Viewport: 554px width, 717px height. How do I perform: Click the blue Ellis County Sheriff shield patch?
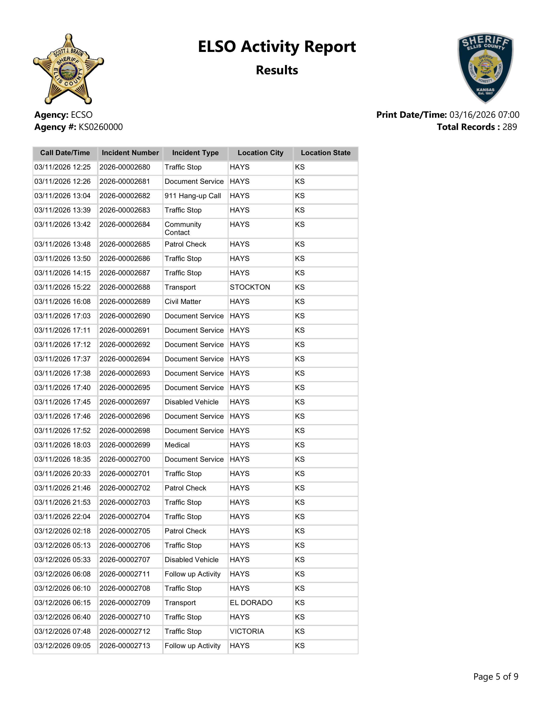tap(485, 68)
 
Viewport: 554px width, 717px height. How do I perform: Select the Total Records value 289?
tap(509, 127)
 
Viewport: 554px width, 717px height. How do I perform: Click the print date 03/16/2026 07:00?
tap(484, 115)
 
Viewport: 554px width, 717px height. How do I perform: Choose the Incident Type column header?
tap(195, 153)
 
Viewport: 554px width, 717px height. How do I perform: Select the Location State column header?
tap(326, 153)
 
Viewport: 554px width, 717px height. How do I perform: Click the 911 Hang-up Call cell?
tap(193, 196)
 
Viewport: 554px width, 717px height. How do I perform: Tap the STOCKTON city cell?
tap(250, 287)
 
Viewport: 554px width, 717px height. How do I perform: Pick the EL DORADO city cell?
tap(251, 603)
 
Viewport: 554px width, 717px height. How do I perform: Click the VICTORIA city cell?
tap(247, 631)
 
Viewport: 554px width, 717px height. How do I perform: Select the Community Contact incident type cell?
tap(183, 229)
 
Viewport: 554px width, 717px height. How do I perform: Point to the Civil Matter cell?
tap(183, 302)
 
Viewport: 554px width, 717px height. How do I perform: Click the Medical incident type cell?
tap(177, 445)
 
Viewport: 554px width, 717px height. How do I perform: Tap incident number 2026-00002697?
tap(125, 402)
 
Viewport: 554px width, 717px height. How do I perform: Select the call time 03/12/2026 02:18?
tap(62, 531)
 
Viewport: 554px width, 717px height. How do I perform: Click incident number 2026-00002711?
tap(125, 574)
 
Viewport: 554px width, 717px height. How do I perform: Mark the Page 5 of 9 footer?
tap(496, 677)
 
